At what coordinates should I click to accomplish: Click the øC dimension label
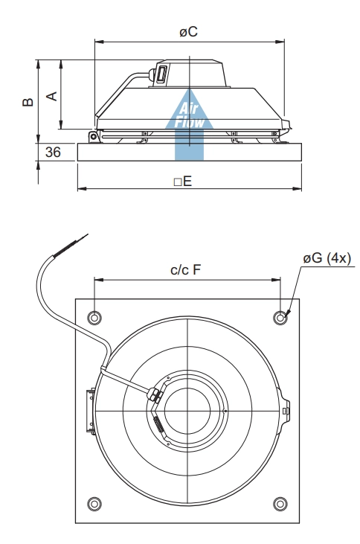(188, 31)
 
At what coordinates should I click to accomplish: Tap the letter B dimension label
(28, 102)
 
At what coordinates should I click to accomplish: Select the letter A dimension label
(51, 96)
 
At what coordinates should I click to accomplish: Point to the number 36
(53, 152)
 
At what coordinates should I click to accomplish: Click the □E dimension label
(183, 181)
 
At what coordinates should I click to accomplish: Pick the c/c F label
(185, 269)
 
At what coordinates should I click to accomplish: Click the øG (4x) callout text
(327, 258)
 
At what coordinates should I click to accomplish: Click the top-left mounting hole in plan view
(94, 318)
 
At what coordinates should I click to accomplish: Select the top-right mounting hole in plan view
(280, 318)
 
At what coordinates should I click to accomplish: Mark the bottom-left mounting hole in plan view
(94, 504)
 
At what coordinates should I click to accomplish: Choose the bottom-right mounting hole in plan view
(280, 504)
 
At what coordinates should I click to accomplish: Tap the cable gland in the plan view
(155, 394)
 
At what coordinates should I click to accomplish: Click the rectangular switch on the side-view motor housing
(161, 74)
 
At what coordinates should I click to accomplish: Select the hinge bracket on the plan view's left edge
(91, 411)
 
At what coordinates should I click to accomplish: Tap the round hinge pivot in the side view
(93, 136)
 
